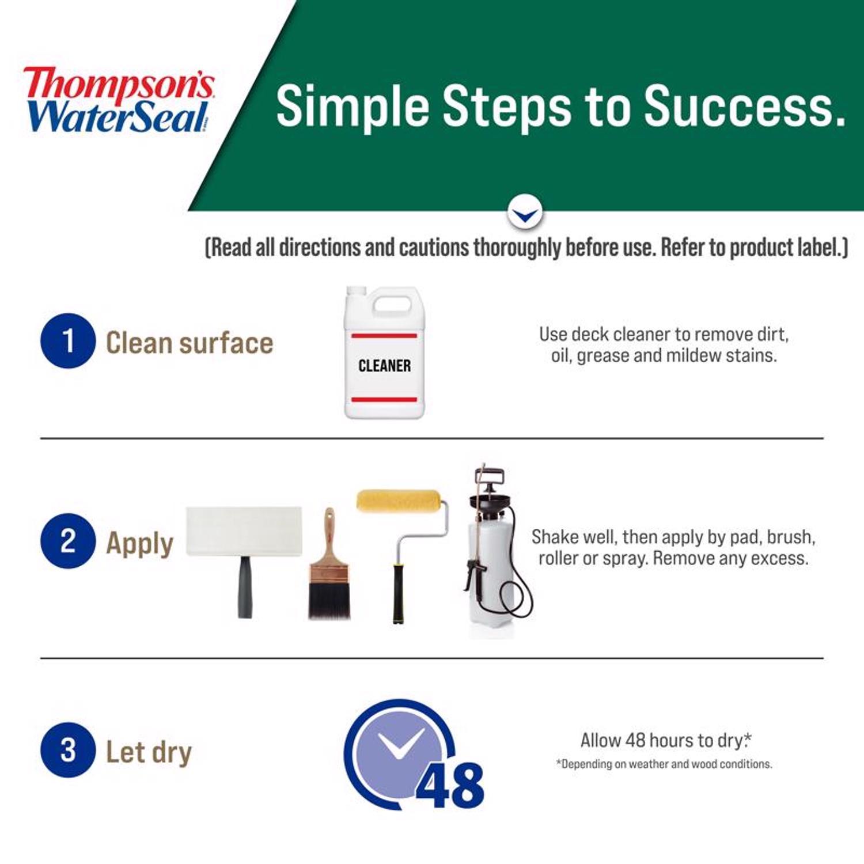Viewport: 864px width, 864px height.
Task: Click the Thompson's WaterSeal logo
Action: [118, 99]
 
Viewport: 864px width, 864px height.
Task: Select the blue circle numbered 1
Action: [68, 340]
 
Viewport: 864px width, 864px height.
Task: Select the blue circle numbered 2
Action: [68, 541]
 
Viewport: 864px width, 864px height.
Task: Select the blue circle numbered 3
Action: [68, 749]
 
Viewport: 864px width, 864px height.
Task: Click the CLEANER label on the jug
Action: [384, 366]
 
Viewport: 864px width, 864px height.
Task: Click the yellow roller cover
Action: [399, 501]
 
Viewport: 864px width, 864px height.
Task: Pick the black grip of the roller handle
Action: [398, 593]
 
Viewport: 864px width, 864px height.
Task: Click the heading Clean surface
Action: [190, 343]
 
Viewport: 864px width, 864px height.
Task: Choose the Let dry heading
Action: [149, 752]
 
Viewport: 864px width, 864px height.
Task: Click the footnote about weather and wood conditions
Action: [664, 764]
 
